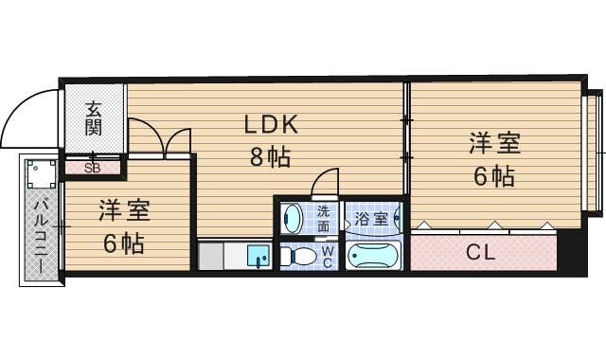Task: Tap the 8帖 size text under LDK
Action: point(270,157)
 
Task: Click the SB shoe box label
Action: point(93,169)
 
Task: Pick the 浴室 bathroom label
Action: point(370,219)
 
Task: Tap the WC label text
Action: point(327,256)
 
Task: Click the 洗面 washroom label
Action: point(324,219)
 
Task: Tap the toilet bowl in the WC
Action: point(300,256)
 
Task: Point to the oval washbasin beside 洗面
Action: point(292,219)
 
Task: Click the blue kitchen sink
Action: point(257,256)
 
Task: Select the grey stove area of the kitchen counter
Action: point(220,257)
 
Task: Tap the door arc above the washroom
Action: point(326,180)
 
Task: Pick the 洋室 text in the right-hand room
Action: point(494,145)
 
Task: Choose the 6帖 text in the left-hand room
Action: point(124,243)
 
